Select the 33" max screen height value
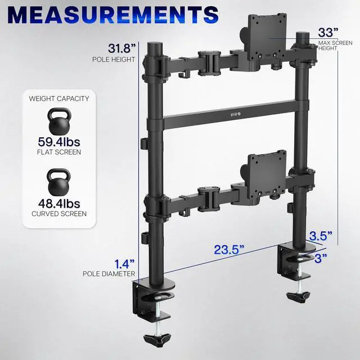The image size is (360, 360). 328,32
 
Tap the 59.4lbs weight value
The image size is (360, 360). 58,141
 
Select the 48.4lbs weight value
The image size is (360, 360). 58,203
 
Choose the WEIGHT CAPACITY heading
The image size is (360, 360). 58,98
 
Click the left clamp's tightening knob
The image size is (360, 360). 158,340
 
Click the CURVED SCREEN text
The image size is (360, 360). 58,214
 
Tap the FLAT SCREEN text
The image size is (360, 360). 58,152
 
